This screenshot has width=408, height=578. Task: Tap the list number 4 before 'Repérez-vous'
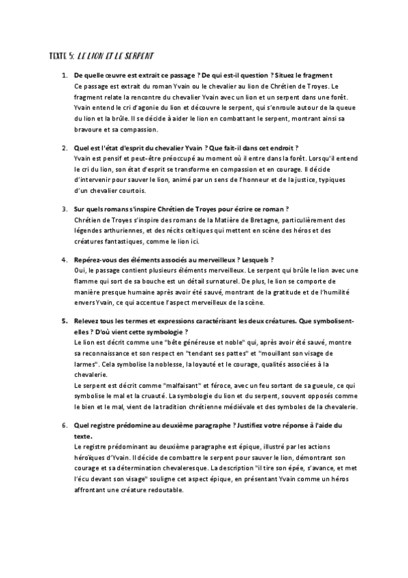(x=64, y=260)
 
